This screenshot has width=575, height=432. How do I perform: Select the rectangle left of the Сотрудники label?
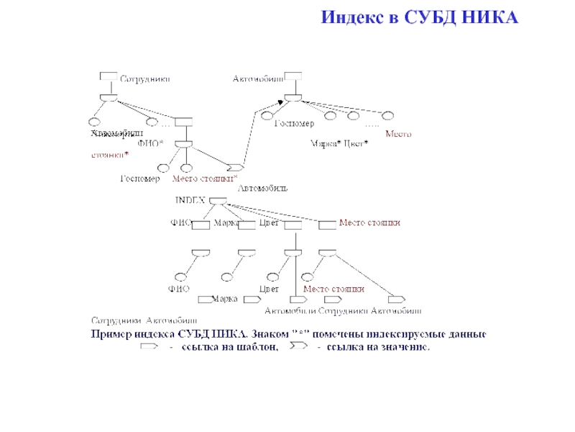[x=109, y=76]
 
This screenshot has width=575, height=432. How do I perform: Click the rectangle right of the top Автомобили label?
[x=293, y=76]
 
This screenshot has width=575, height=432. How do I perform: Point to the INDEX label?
[x=190, y=199]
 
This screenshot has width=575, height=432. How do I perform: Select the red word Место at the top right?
[x=399, y=134]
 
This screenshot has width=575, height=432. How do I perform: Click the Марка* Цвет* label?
[x=339, y=144]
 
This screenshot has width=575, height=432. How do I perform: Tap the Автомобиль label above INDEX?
[x=263, y=189]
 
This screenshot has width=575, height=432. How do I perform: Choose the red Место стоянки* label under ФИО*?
[x=204, y=178]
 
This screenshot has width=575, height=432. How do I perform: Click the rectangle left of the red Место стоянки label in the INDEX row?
[x=327, y=225]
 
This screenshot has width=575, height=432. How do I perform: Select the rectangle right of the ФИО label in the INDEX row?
[x=201, y=225]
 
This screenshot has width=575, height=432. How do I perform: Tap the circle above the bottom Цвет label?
[x=272, y=276]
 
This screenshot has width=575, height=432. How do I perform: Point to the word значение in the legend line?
[x=405, y=348]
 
